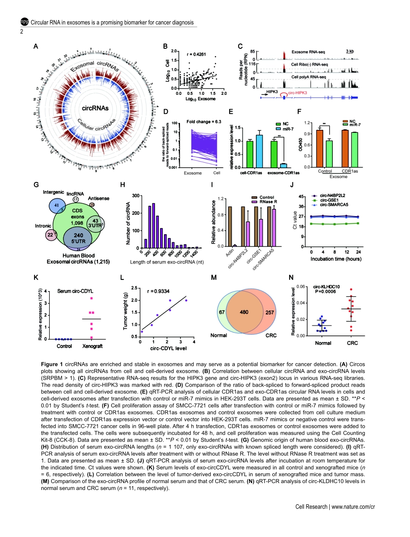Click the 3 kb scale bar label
[350, 51]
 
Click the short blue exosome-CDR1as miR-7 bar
[284, 165]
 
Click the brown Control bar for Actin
[230, 226]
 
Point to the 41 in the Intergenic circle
[57, 205]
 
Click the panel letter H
[123, 185]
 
